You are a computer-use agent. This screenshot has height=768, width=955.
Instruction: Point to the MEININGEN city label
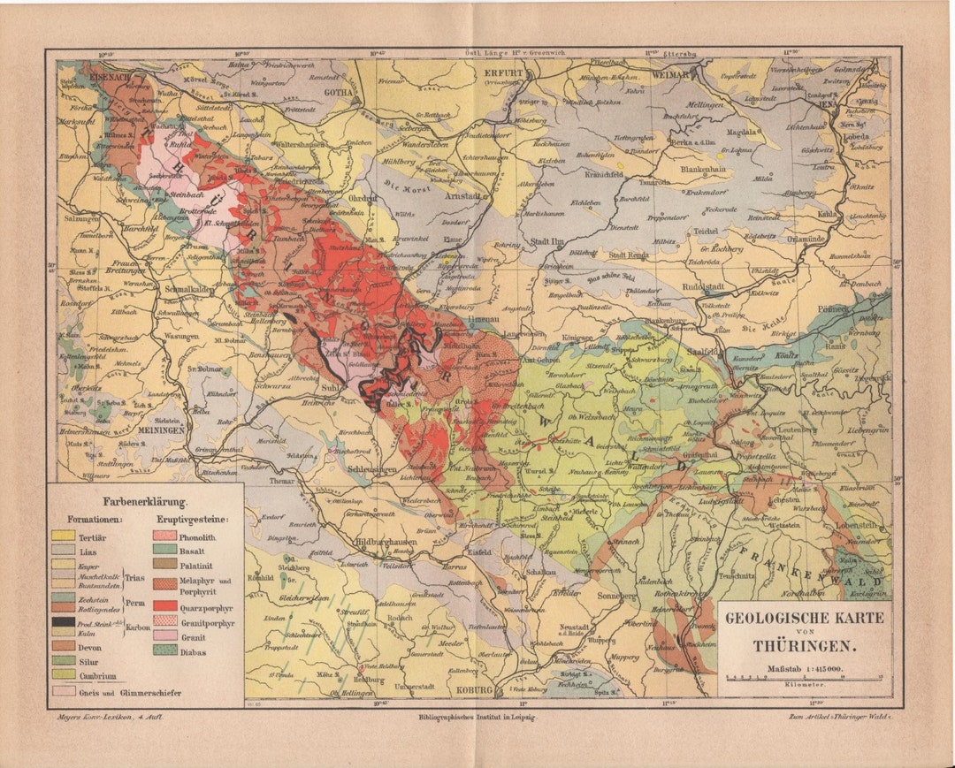[159, 430]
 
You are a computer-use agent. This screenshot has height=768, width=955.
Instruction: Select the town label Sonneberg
[592, 597]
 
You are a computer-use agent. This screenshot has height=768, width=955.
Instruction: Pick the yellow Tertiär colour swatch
[63, 536]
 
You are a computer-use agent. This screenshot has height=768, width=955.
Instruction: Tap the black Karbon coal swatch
[63, 621]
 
